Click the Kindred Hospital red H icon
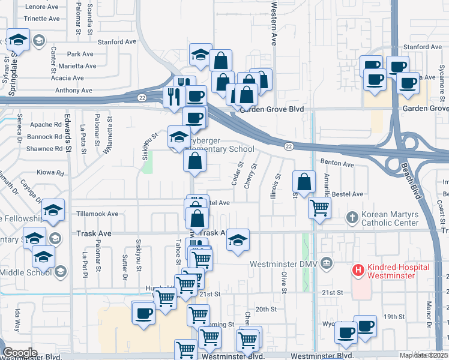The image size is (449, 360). click(x=358, y=271)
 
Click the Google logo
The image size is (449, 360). click(x=20, y=352)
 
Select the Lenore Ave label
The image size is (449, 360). click(x=43, y=7)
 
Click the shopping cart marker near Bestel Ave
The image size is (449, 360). click(x=319, y=208)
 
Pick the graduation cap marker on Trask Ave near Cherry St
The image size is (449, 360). click(x=238, y=240)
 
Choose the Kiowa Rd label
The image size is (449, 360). click(x=52, y=173)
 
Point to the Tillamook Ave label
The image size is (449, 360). click(x=98, y=214)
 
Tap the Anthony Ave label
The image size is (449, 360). click(x=74, y=91)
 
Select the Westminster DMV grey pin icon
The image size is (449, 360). click(x=326, y=262)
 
